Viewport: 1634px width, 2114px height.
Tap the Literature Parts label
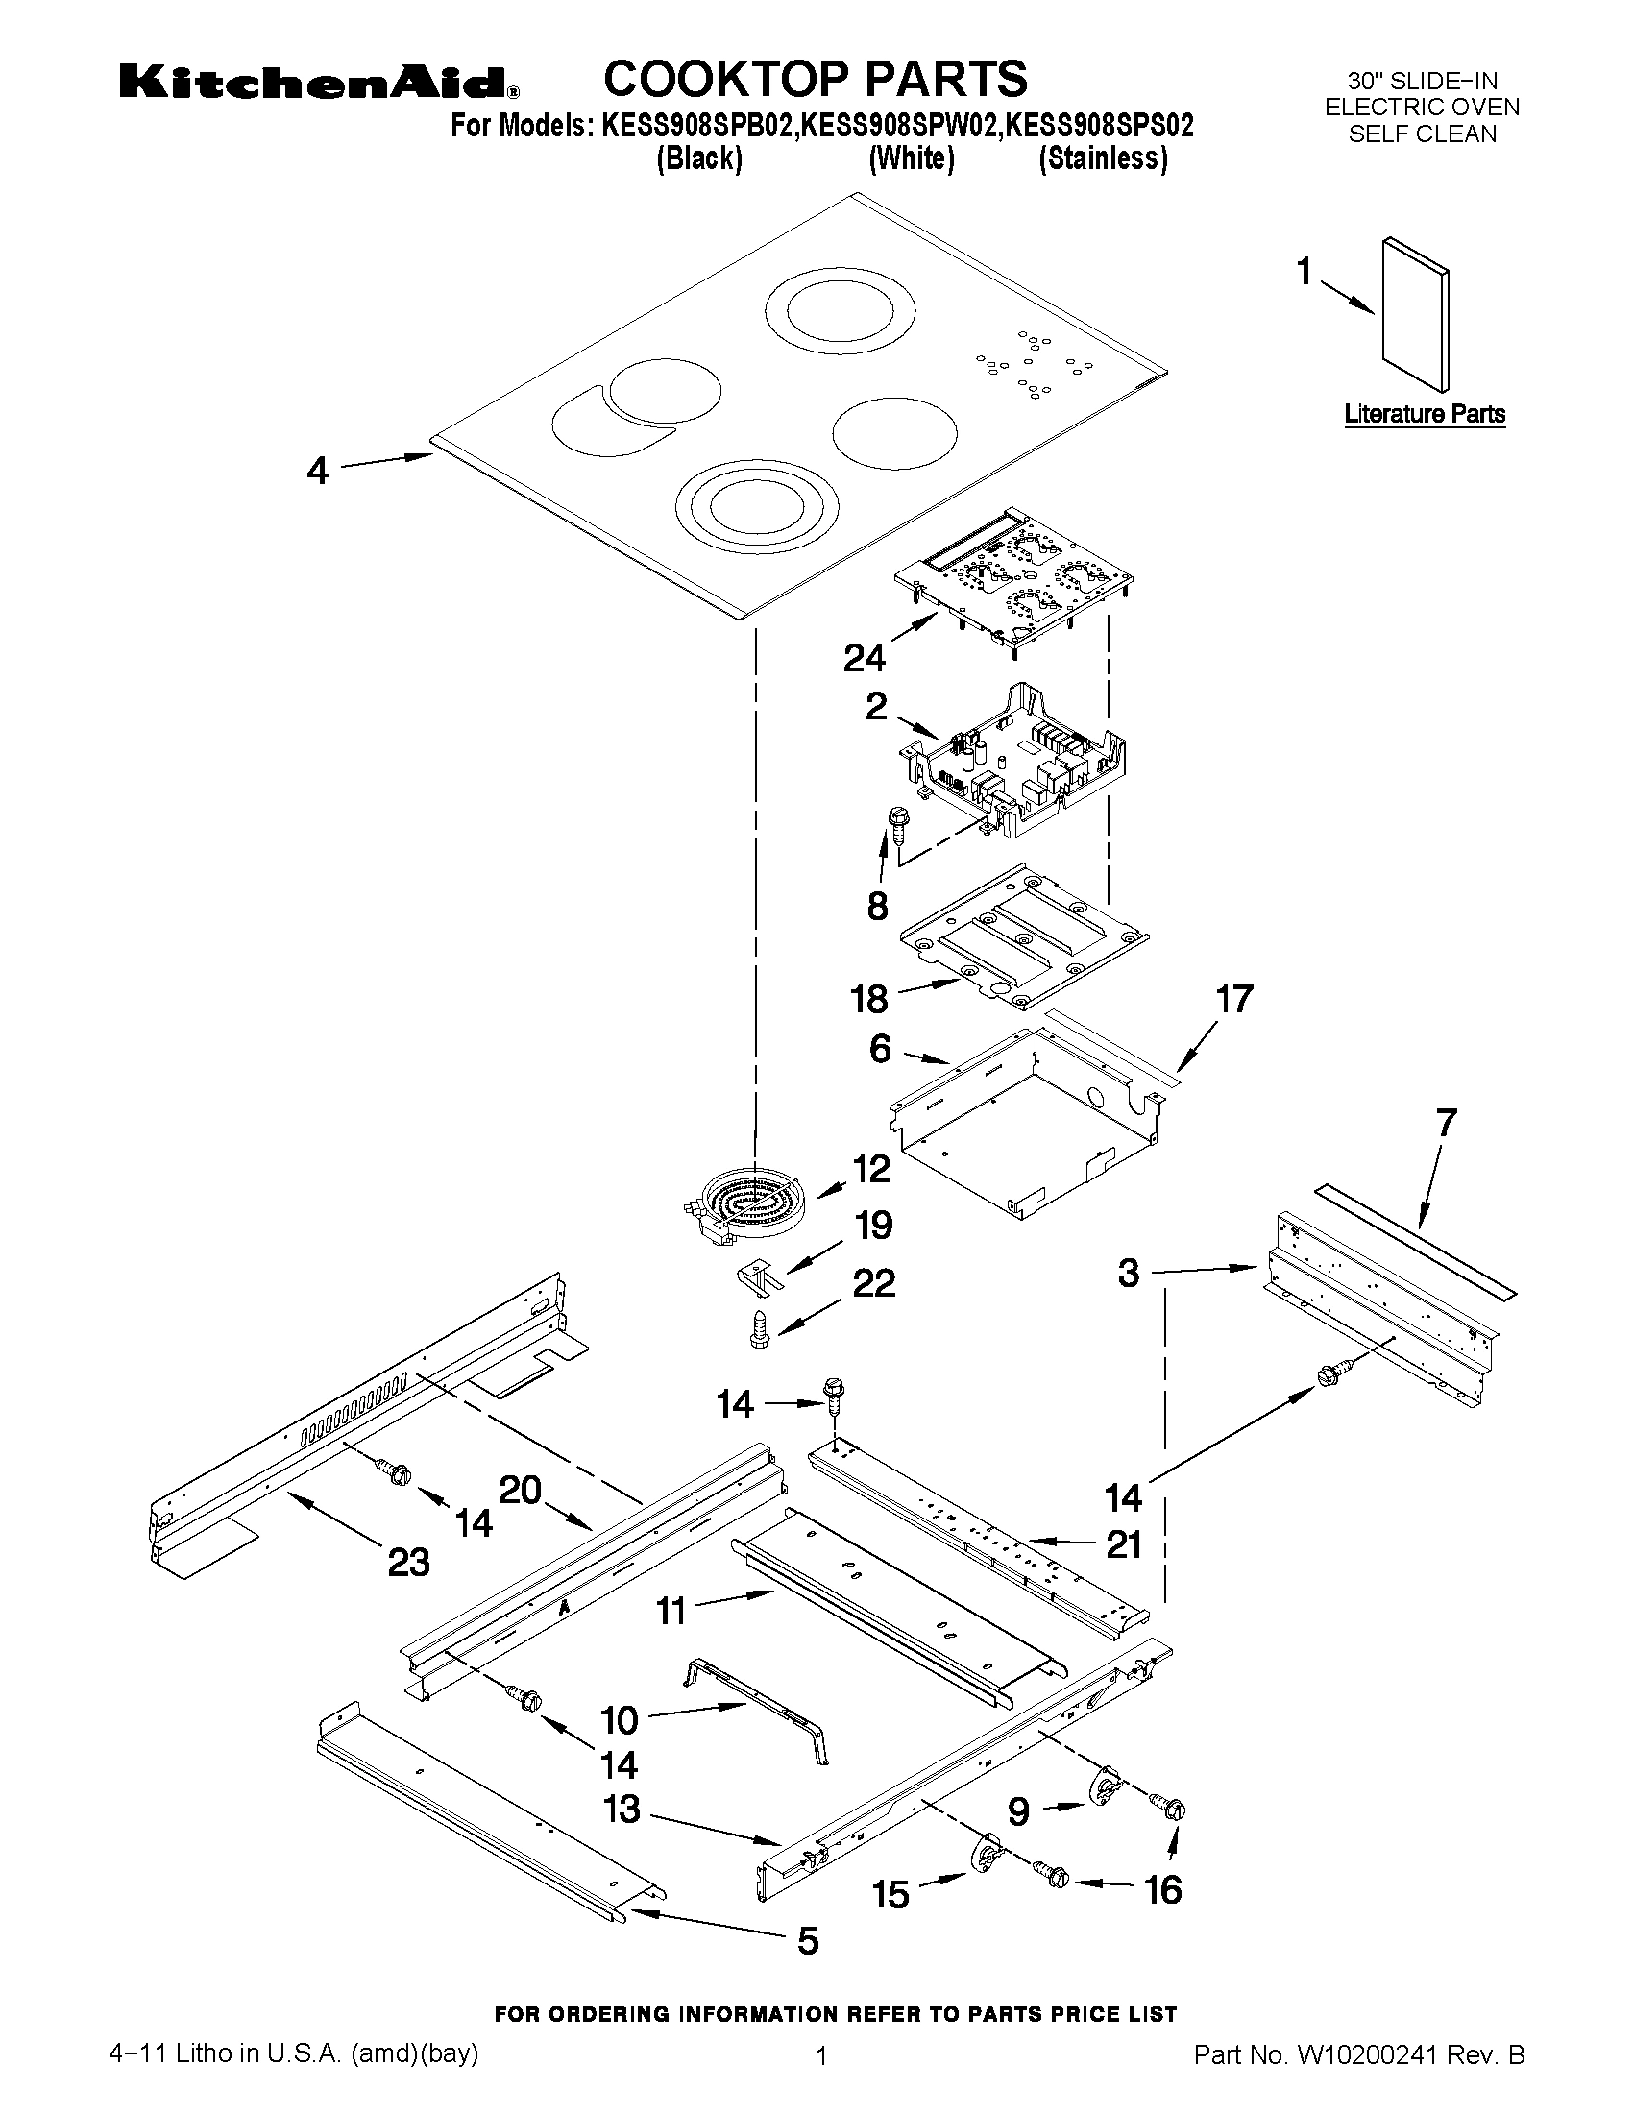click(x=1424, y=414)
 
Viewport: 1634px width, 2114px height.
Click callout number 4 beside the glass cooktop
click(x=318, y=472)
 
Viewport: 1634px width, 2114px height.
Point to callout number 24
click(x=864, y=658)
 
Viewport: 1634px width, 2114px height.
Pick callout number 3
click(x=1129, y=1273)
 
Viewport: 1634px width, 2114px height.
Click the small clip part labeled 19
click(x=760, y=1275)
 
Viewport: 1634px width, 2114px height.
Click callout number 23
click(x=408, y=1562)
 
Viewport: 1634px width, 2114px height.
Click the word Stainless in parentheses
click(x=1103, y=158)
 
